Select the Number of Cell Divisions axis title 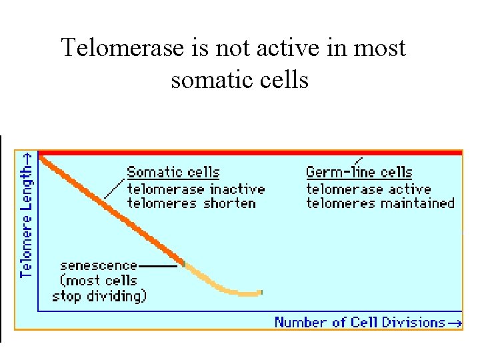pos(361,323)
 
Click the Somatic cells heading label pos(173,173)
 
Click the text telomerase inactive pos(195,189)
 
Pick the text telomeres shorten pos(191,203)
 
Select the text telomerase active pos(368,189)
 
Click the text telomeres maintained pos(380,203)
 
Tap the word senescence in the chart pos(98,266)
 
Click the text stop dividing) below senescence pos(99,295)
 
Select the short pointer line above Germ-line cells pos(359,161)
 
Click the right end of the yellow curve pos(261,292)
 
